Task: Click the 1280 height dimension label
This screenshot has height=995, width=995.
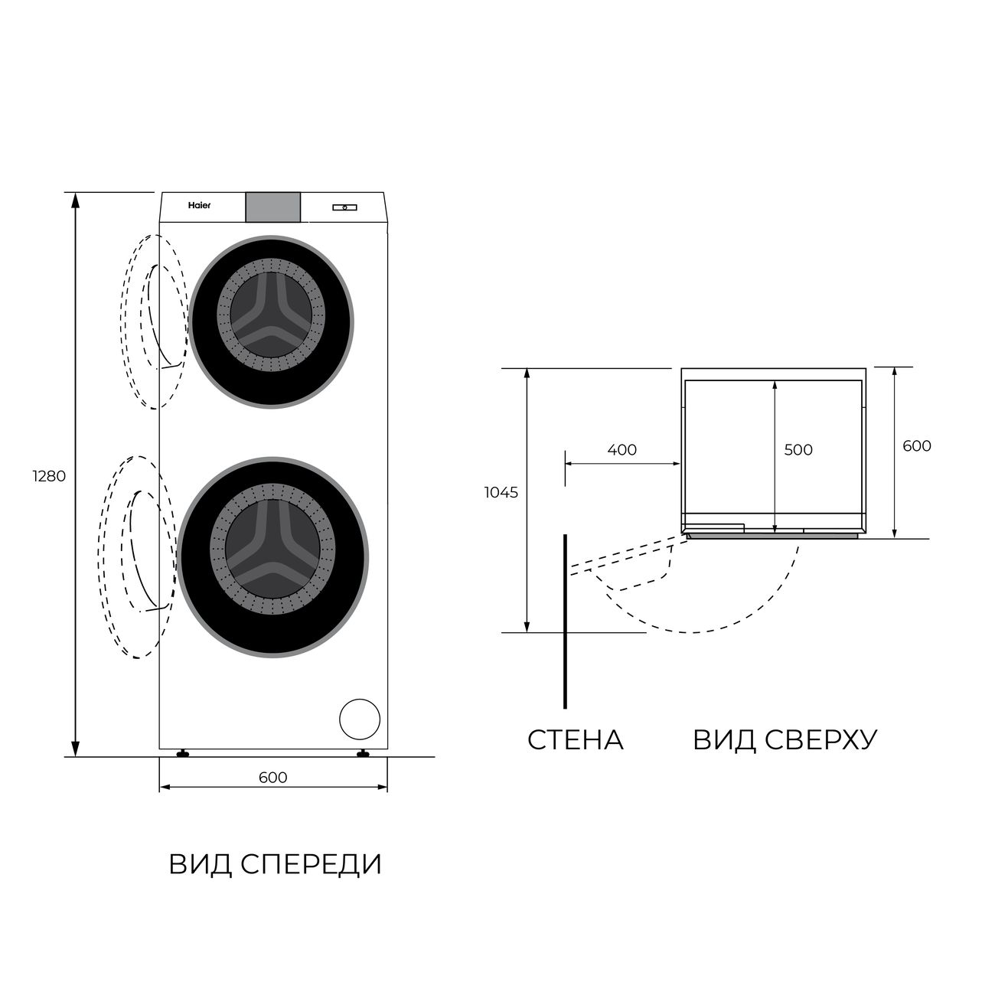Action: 50,476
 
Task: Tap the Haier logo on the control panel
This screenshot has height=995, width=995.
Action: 199,206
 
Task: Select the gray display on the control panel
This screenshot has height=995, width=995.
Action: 272,207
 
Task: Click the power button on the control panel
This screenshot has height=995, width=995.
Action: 344,207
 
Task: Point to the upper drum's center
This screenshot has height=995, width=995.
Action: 271,315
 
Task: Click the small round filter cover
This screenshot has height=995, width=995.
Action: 360,719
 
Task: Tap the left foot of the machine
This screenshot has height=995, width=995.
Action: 183,753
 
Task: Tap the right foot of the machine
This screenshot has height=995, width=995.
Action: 364,753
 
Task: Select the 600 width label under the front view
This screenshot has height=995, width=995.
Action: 272,777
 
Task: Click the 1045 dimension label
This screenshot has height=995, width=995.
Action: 501,493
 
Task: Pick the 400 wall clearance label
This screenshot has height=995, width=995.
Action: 621,450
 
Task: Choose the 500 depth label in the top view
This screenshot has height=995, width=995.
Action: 798,450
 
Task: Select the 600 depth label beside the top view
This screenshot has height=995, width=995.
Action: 916,445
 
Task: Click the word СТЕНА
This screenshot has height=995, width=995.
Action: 576,740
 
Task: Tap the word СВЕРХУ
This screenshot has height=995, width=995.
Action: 820,740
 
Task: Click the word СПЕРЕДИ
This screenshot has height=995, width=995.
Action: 311,864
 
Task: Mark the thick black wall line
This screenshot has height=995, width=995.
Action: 565,621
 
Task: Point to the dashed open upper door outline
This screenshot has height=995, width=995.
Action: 154,321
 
